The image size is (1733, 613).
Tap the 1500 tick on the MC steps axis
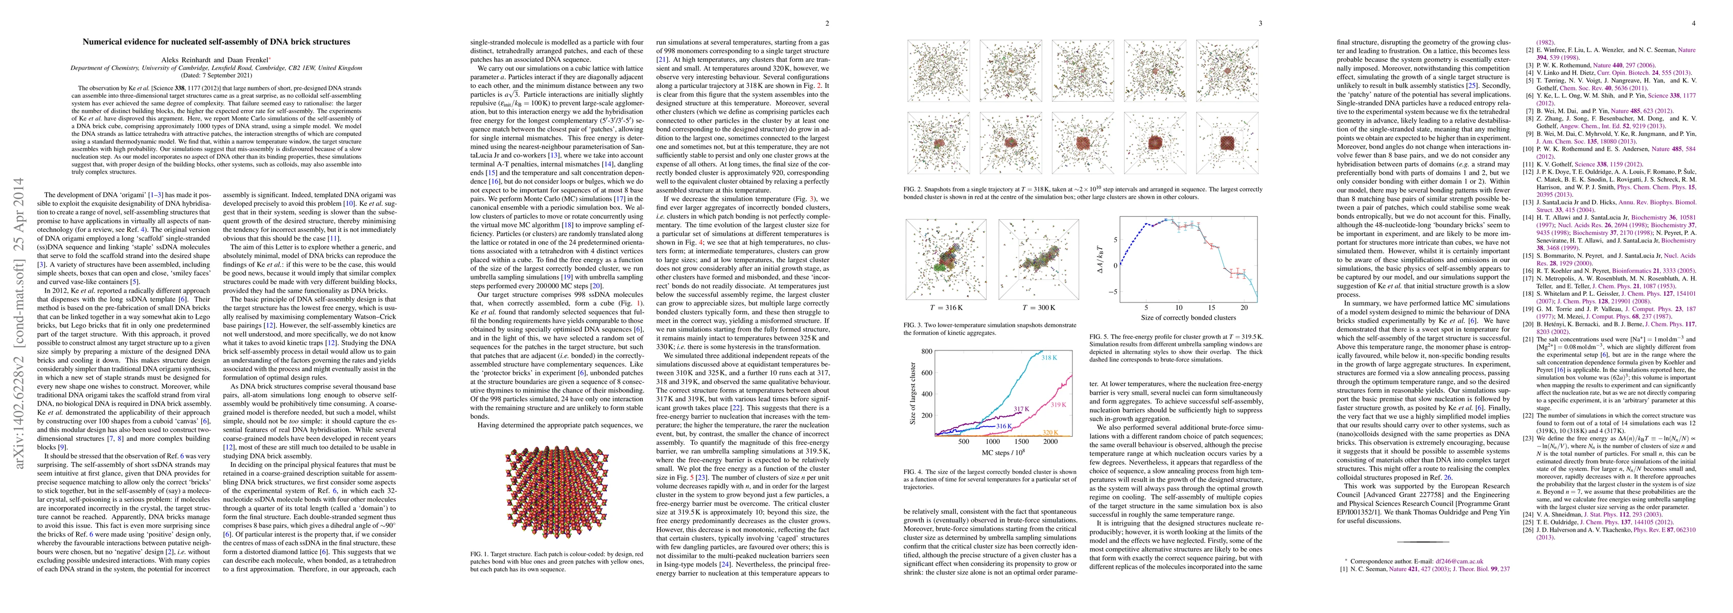click(x=1022, y=442)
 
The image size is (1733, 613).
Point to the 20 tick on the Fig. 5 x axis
click(x=1245, y=307)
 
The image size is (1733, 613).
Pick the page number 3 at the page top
click(x=1260, y=23)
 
